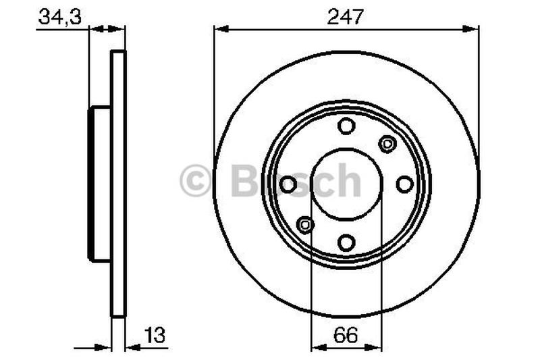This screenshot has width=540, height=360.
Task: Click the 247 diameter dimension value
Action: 346,17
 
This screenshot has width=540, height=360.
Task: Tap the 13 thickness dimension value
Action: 155,334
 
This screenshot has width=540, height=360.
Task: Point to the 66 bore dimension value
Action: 346,334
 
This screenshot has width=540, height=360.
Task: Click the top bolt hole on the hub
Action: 346,126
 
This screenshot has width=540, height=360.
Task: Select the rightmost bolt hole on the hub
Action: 404,184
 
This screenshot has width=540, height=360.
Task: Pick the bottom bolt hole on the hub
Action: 346,242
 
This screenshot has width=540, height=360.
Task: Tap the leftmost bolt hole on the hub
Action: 288,184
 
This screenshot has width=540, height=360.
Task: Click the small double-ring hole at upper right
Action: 387,143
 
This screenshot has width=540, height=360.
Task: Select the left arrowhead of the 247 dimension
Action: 219,28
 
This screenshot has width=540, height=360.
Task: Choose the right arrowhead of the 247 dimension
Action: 473,28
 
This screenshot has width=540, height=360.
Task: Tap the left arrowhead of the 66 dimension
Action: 316,348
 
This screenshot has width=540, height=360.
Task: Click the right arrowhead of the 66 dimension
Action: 377,348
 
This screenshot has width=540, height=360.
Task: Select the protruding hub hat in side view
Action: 100,184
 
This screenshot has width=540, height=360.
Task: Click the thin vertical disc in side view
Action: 118,184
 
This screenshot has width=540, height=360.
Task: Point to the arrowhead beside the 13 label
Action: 131,348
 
